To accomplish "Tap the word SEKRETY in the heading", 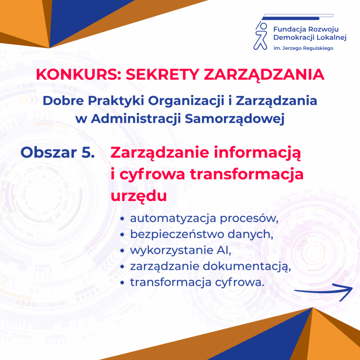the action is [162, 74].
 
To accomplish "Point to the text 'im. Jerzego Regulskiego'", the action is [303, 48].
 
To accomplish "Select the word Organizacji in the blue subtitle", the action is [186, 101].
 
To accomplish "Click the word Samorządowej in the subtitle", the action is [235, 119].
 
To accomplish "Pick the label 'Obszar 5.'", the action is [57, 152].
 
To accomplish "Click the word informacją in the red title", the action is [257, 153].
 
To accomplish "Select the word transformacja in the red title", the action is [247, 174].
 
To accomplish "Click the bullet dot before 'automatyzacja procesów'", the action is [122, 219].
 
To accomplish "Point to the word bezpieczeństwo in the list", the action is [177, 235].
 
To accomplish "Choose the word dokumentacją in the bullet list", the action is [247, 267].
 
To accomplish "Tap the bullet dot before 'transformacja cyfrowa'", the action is [122, 283].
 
